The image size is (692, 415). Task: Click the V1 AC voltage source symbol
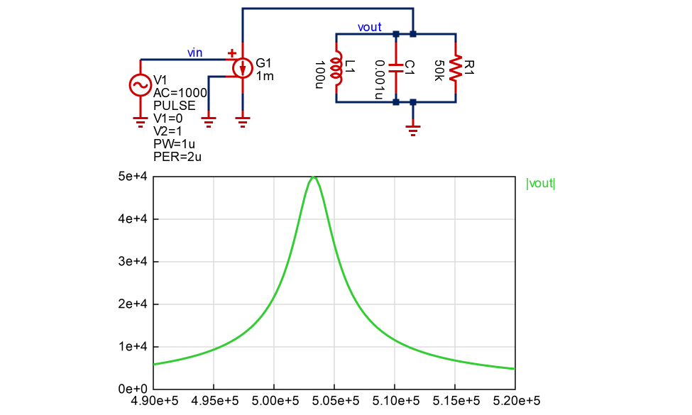[140, 85]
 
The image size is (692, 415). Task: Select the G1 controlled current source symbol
[243, 68]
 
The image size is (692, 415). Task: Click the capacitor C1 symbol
[396, 67]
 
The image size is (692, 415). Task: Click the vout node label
[370, 27]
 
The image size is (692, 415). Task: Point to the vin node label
[194, 52]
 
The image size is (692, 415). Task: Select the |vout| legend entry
[541, 184]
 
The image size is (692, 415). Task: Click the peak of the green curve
[313, 177]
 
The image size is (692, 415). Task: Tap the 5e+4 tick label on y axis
[133, 177]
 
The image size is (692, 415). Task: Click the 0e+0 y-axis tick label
[133, 389]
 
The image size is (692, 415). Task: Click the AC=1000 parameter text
[180, 93]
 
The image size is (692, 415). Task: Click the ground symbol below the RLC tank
[412, 129]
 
